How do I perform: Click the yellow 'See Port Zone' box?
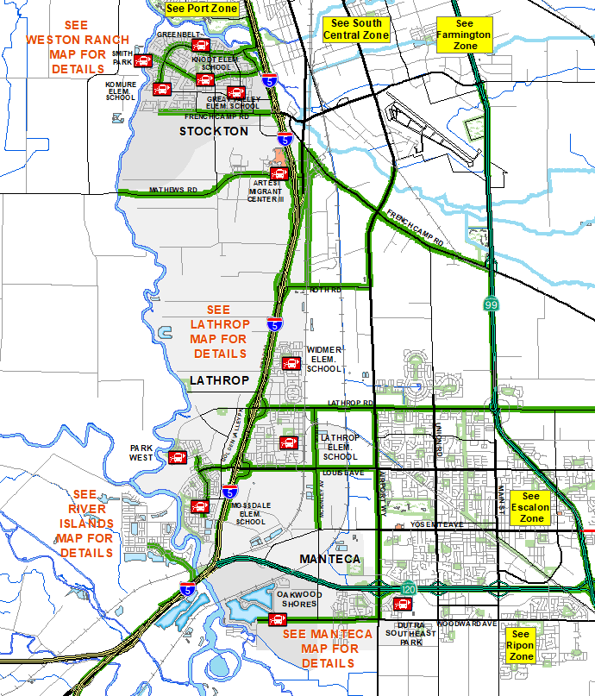tap(201, 9)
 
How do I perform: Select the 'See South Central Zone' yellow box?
tap(355, 29)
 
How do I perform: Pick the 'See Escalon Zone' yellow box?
tap(530, 507)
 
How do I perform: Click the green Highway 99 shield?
tap(490, 304)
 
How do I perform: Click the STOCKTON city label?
tap(214, 131)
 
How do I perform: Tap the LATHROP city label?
tap(218, 380)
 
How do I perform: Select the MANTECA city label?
tap(329, 560)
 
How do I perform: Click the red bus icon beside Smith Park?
tap(143, 60)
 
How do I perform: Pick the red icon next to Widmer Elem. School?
tap(291, 363)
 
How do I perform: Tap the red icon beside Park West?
tap(178, 457)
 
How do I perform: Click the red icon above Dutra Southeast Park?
tap(402, 604)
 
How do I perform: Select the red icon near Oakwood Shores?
tap(277, 619)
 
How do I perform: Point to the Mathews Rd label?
tap(172, 190)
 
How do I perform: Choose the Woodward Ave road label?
tap(467, 624)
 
